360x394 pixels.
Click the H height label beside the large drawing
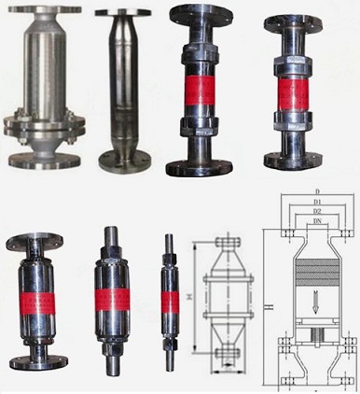point(267,309)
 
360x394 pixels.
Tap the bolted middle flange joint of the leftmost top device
point(42,120)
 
